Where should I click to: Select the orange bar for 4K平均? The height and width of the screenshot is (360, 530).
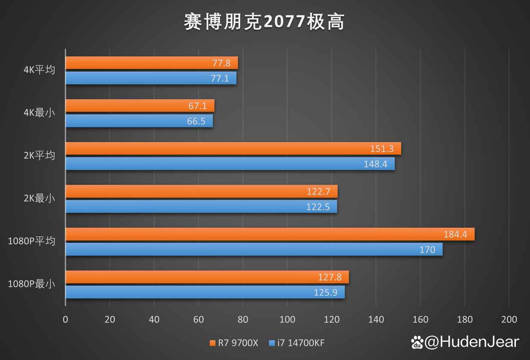[151, 63]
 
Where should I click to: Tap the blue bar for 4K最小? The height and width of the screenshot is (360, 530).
[139, 121]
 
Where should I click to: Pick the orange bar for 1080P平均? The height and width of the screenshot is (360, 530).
[270, 234]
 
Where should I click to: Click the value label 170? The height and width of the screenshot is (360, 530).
[427, 249]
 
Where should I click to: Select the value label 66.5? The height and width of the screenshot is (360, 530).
[196, 121]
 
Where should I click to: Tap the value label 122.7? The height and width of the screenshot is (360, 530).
[318, 192]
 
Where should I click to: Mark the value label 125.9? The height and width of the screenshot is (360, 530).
[327, 292]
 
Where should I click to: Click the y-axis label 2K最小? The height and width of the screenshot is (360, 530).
[39, 198]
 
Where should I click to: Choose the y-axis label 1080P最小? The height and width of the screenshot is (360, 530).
[32, 284]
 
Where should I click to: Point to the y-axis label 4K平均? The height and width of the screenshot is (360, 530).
[39, 70]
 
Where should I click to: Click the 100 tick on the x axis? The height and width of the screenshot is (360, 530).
[287, 319]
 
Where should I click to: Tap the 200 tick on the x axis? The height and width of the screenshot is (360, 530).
[509, 319]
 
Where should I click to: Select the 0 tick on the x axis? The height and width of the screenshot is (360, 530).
[65, 319]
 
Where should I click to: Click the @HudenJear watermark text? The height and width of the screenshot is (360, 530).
[472, 342]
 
